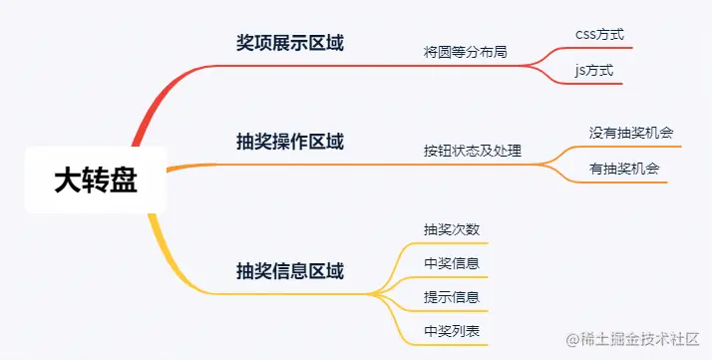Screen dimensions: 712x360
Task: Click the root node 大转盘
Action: [x=95, y=180]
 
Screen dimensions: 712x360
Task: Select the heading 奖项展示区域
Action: [x=290, y=44]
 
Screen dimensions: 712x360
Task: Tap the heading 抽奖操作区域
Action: [x=290, y=142]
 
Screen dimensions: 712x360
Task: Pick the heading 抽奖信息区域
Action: [x=290, y=270]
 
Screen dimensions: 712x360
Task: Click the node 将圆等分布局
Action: [x=466, y=51]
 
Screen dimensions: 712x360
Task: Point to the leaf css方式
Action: [x=600, y=34]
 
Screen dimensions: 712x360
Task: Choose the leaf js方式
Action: [x=594, y=71]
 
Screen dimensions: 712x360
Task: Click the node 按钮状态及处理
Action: [x=473, y=152]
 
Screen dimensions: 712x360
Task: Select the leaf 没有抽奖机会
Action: [x=631, y=132]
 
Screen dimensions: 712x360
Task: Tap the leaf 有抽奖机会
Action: [x=625, y=169]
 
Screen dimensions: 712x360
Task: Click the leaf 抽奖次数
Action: [x=452, y=228]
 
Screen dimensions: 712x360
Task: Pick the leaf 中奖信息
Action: [x=452, y=263]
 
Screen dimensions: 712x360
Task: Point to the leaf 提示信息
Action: [x=452, y=297]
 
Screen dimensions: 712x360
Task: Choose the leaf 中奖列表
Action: [x=452, y=331]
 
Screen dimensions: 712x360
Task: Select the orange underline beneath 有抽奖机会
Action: [x=625, y=182]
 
